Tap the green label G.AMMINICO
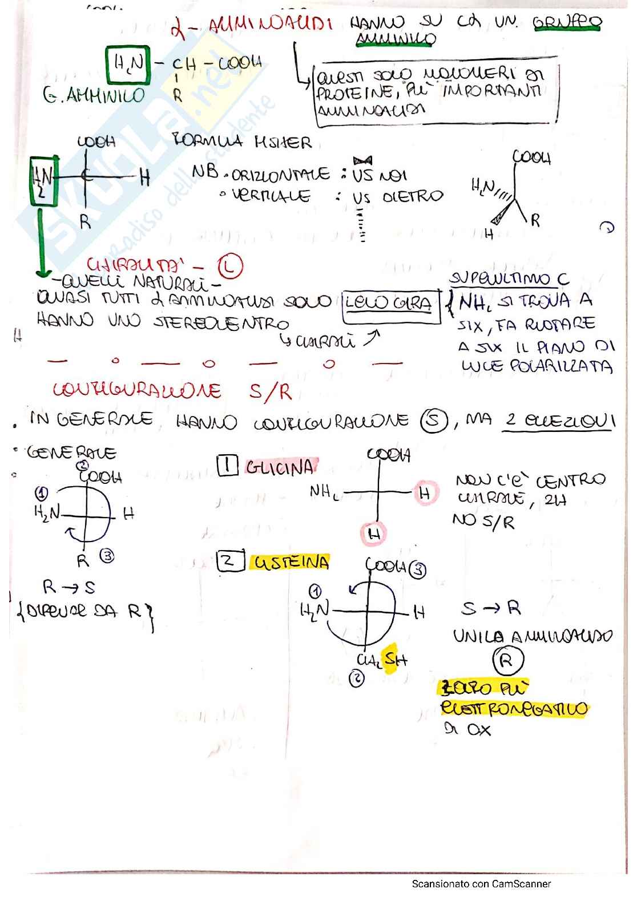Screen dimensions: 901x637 point(94,95)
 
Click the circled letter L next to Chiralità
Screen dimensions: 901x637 point(230,266)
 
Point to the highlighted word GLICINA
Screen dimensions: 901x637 point(280,467)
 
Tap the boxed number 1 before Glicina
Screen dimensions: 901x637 point(227,466)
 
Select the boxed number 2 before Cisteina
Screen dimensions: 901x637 point(230,561)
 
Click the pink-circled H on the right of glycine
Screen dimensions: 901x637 point(425,493)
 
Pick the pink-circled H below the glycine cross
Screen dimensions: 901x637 point(374,534)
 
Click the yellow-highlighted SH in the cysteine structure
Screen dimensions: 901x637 point(394,660)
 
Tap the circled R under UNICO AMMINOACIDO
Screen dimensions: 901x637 point(507,661)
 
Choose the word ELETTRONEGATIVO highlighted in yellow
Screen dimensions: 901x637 point(514,709)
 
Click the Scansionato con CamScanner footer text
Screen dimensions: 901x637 point(481,884)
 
